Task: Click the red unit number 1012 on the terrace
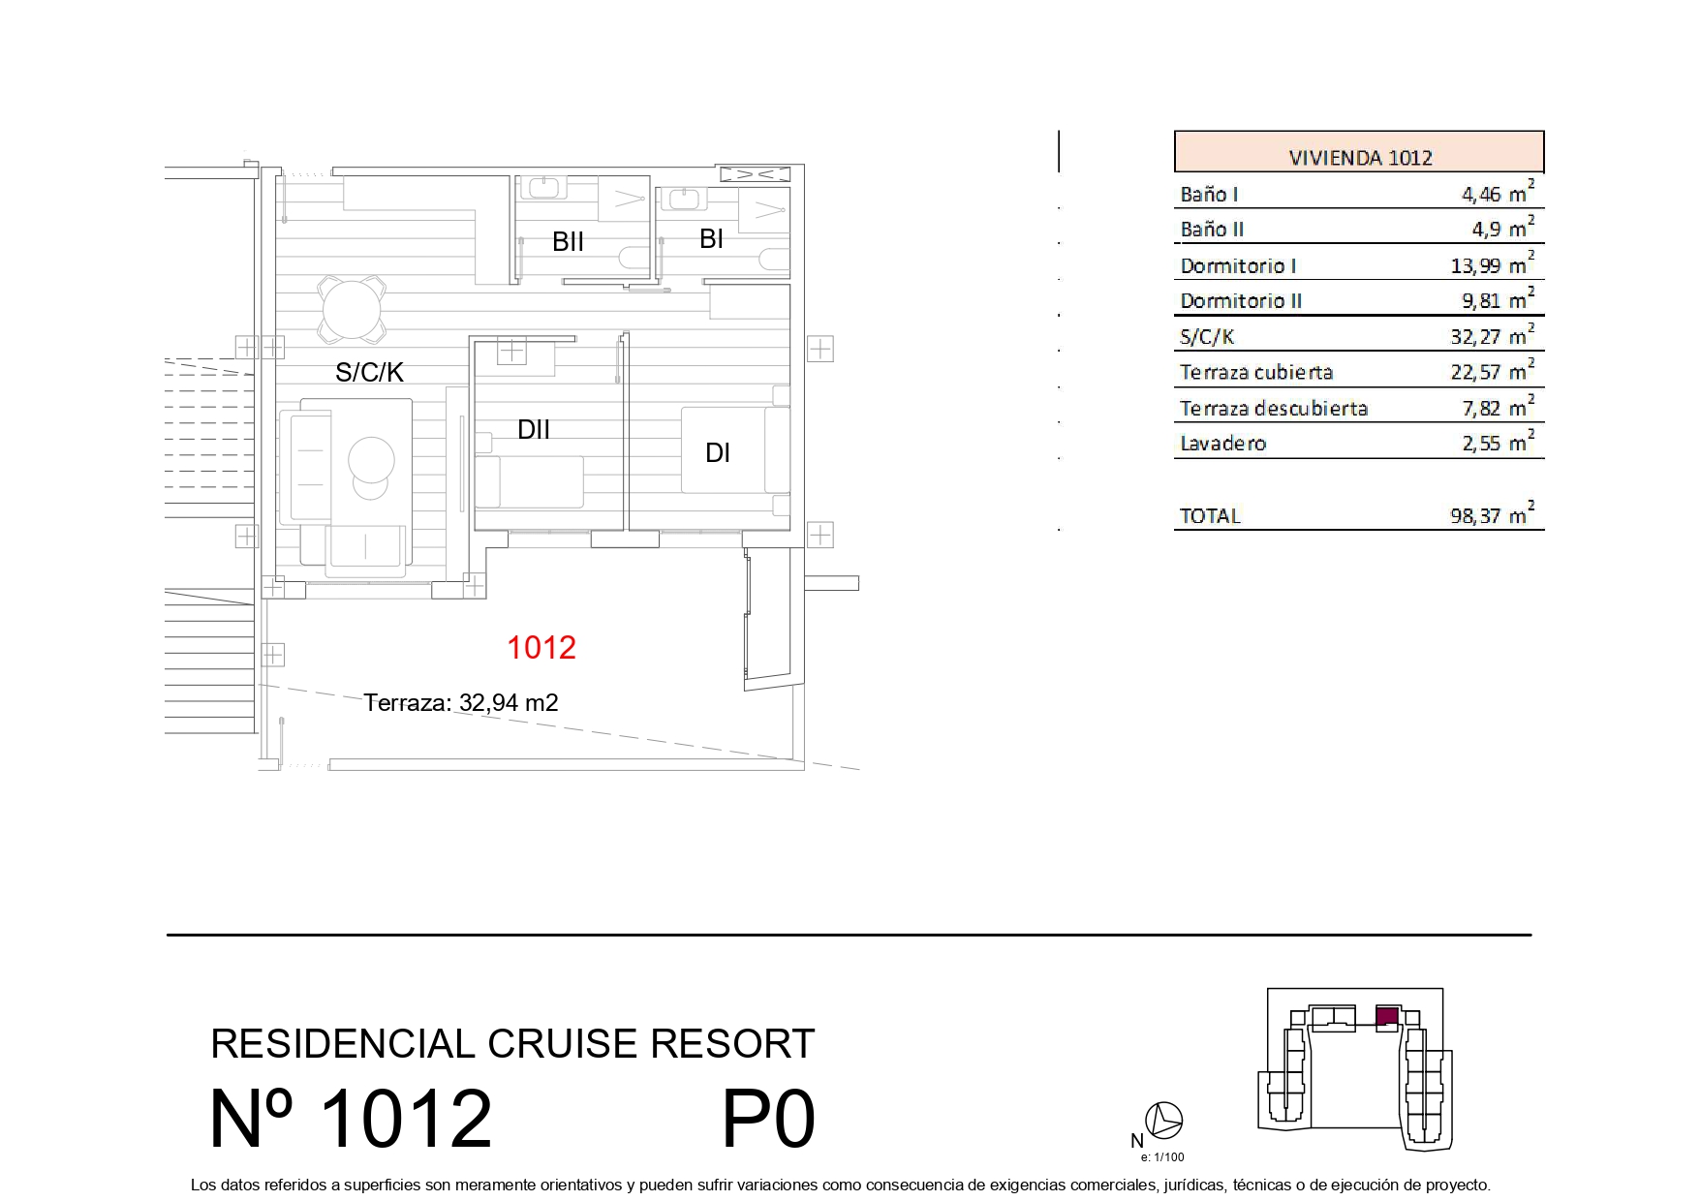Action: point(541,647)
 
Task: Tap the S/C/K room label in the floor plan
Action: point(369,372)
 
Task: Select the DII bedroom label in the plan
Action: point(534,429)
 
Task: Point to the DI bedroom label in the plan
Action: point(718,452)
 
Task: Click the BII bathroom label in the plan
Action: point(568,241)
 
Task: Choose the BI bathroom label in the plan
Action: point(711,238)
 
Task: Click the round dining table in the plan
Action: point(353,310)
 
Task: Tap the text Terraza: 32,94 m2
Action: point(461,702)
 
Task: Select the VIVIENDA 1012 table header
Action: point(1360,157)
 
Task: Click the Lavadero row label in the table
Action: point(1222,444)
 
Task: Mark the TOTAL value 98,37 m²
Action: point(1492,514)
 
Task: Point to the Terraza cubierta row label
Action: point(1256,372)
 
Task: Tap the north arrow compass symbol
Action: point(1163,1121)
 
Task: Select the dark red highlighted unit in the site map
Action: point(1387,1015)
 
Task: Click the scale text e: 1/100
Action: point(1162,1156)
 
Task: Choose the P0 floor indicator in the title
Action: point(769,1120)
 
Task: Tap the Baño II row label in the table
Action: point(1212,230)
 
